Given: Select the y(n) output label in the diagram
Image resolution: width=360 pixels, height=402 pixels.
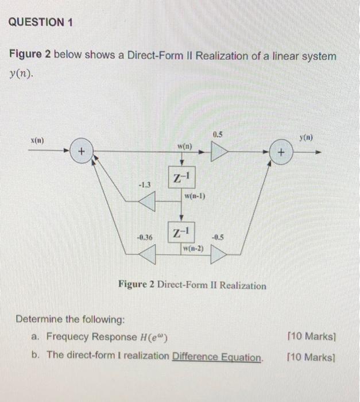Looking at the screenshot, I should click(x=311, y=138).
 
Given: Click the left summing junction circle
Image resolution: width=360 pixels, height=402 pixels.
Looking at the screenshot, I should click(x=83, y=153).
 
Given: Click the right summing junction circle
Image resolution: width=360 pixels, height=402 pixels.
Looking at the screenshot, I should click(x=280, y=153).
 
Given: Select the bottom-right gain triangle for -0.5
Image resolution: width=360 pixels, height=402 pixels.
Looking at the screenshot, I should click(x=218, y=253).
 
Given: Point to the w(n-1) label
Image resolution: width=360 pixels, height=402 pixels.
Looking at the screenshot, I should click(x=195, y=197).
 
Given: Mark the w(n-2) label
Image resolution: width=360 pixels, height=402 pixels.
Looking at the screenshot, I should click(x=193, y=249).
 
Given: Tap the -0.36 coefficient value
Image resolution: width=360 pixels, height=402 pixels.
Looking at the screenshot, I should click(x=144, y=237).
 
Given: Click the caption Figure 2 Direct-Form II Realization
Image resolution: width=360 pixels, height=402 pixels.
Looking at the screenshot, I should click(x=192, y=285).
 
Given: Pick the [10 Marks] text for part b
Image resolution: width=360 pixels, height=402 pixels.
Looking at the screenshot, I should click(x=311, y=356).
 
